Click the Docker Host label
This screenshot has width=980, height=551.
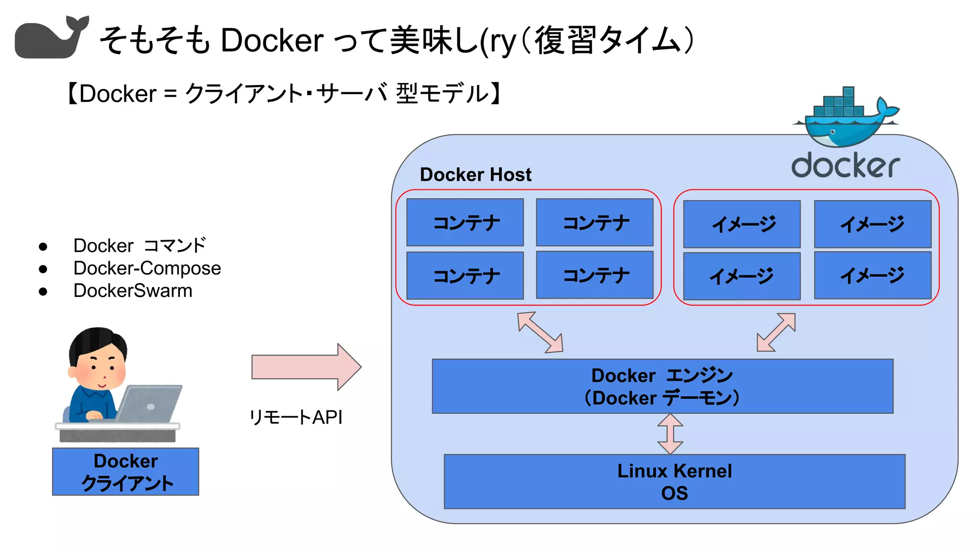(x=475, y=175)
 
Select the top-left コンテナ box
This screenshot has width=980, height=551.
(x=465, y=222)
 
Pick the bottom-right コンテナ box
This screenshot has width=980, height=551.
(x=594, y=275)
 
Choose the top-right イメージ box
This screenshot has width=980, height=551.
(x=872, y=224)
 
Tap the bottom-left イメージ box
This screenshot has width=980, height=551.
(x=741, y=276)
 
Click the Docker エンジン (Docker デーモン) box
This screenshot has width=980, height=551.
(x=662, y=386)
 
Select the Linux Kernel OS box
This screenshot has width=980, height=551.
(x=674, y=481)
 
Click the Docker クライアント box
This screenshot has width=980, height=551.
(x=125, y=472)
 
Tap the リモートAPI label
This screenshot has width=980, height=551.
(x=296, y=417)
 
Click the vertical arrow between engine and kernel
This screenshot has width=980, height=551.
(x=670, y=433)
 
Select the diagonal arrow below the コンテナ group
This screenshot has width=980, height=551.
(x=540, y=332)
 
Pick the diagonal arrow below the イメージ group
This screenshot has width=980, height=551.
(x=776, y=332)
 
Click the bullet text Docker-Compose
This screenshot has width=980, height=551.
(x=147, y=268)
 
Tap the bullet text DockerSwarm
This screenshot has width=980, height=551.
(x=133, y=291)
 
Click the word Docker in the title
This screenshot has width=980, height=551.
(x=272, y=40)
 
